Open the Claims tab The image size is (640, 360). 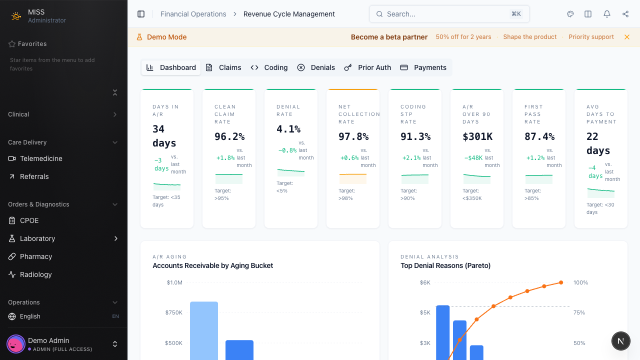coord(223,67)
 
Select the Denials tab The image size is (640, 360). coord(316,67)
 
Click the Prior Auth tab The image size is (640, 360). coord(368,67)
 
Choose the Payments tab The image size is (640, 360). coord(423,67)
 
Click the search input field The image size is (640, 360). coord(445,14)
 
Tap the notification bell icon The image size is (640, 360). coord(607,14)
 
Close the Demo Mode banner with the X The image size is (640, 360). coord(627,37)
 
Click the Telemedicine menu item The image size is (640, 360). coord(41,158)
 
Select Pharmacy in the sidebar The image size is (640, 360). coord(36,256)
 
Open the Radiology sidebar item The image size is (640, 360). coord(36,274)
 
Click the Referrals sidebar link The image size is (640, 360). coord(34,176)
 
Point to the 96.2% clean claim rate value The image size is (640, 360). coord(229,136)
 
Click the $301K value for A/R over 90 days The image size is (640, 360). coord(477,136)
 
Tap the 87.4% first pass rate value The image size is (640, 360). coord(539,136)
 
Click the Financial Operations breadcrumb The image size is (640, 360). coord(193,14)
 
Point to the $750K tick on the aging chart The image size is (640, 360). coord(174,312)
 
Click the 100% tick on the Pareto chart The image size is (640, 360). coord(580,282)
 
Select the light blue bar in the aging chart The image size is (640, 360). coord(204,330)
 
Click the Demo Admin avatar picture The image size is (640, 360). coord(15,344)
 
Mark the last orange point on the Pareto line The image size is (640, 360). coord(561,282)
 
